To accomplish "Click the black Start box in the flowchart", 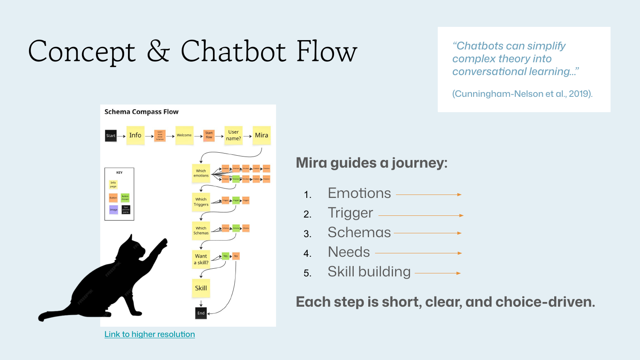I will tap(111, 136).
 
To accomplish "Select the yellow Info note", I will tap(135, 135).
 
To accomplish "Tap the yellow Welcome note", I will tap(184, 135).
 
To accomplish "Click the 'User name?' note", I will tap(233, 135).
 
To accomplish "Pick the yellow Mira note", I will tap(262, 135).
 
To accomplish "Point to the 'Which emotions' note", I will tap(201, 173).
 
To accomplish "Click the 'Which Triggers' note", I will tap(201, 202).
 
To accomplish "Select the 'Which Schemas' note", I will tap(201, 230).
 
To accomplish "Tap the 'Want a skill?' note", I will tap(201, 259).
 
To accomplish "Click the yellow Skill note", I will tap(201, 288).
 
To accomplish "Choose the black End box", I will tap(201, 313).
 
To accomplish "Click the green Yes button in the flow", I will tap(226, 256).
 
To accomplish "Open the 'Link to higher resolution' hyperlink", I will tap(150, 334).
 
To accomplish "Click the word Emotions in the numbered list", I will tap(359, 193).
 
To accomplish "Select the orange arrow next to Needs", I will tap(418, 253).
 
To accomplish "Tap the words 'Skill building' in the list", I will tap(369, 272).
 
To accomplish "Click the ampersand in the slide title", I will tap(158, 52).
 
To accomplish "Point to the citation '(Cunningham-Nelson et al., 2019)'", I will tap(522, 94).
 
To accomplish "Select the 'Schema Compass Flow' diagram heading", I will tap(142, 112).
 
